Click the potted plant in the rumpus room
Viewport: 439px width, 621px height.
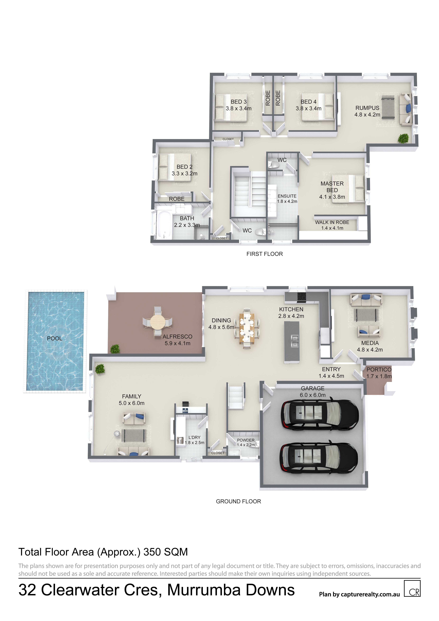pyautogui.click(x=403, y=138)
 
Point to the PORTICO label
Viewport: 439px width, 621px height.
pyautogui.click(x=379, y=369)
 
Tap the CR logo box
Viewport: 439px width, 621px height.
pyautogui.click(x=412, y=588)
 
